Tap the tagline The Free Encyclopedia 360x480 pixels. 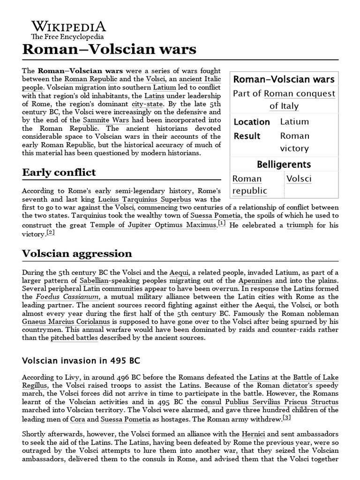[67, 37]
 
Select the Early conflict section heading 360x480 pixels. [59, 172]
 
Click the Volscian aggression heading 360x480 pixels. [77, 254]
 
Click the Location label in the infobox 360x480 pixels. [252, 122]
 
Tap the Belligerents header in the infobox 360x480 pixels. [284, 164]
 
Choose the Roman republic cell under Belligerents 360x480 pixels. [250, 185]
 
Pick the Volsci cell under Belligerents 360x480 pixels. [299, 179]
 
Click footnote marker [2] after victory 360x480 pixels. [51, 232]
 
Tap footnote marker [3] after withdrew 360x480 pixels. [287, 417]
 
